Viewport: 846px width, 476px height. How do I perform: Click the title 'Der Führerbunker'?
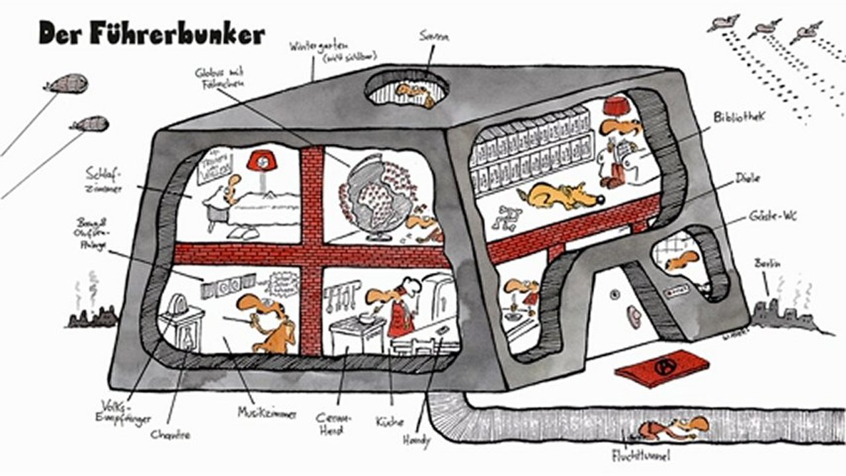point(151,33)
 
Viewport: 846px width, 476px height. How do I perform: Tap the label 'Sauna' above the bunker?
point(434,37)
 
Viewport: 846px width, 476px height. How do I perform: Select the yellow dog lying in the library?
point(559,195)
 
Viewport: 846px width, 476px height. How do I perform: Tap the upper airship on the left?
point(66,83)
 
